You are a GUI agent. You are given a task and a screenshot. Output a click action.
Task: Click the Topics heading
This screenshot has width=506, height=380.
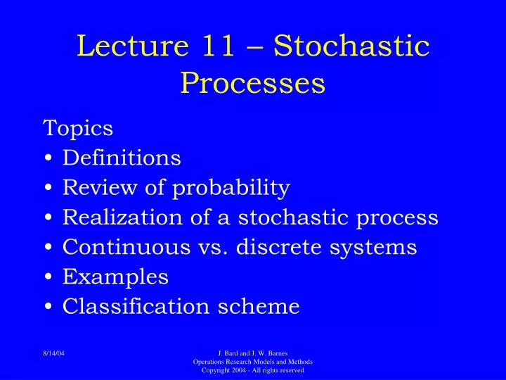(x=78, y=128)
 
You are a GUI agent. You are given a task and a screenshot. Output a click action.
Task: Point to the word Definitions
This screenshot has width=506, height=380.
(x=122, y=158)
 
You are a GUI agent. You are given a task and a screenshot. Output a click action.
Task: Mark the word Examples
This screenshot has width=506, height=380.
(x=115, y=278)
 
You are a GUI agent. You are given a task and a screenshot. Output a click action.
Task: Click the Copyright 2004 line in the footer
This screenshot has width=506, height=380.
(x=253, y=370)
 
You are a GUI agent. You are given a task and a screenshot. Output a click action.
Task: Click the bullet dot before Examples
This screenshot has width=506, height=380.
(x=48, y=278)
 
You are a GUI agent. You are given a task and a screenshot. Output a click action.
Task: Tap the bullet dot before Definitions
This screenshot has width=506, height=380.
(x=48, y=158)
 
